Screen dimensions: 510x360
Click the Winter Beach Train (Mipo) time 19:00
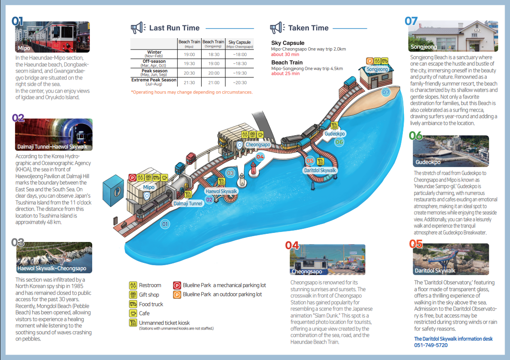189,54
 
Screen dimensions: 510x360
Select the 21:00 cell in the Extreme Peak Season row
213,82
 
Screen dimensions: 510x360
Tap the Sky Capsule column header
239,44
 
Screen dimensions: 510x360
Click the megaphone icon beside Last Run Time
137,28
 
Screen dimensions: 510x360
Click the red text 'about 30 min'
285,54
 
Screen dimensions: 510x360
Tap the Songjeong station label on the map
377,69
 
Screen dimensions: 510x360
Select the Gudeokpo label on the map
335,134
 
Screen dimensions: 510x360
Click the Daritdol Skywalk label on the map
320,170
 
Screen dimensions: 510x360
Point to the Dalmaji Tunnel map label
188,203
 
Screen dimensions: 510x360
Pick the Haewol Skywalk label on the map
221,192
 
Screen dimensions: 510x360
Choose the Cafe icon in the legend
133,313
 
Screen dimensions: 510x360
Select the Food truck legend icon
133,304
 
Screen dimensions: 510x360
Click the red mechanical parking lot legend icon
177,286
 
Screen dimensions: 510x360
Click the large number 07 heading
411,21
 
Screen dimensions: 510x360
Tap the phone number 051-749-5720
431,345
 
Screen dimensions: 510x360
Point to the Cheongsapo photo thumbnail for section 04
327,260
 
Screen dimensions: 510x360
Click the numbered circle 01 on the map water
165,224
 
